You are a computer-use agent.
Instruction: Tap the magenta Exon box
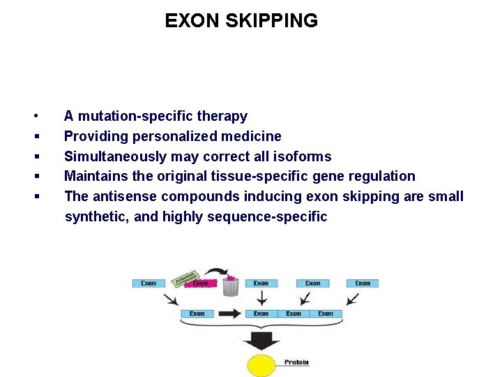coord(201,283)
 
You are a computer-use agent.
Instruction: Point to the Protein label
coord(296,362)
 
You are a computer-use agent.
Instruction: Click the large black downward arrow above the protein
coord(261,341)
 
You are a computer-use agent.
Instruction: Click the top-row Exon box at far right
coord(363,283)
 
